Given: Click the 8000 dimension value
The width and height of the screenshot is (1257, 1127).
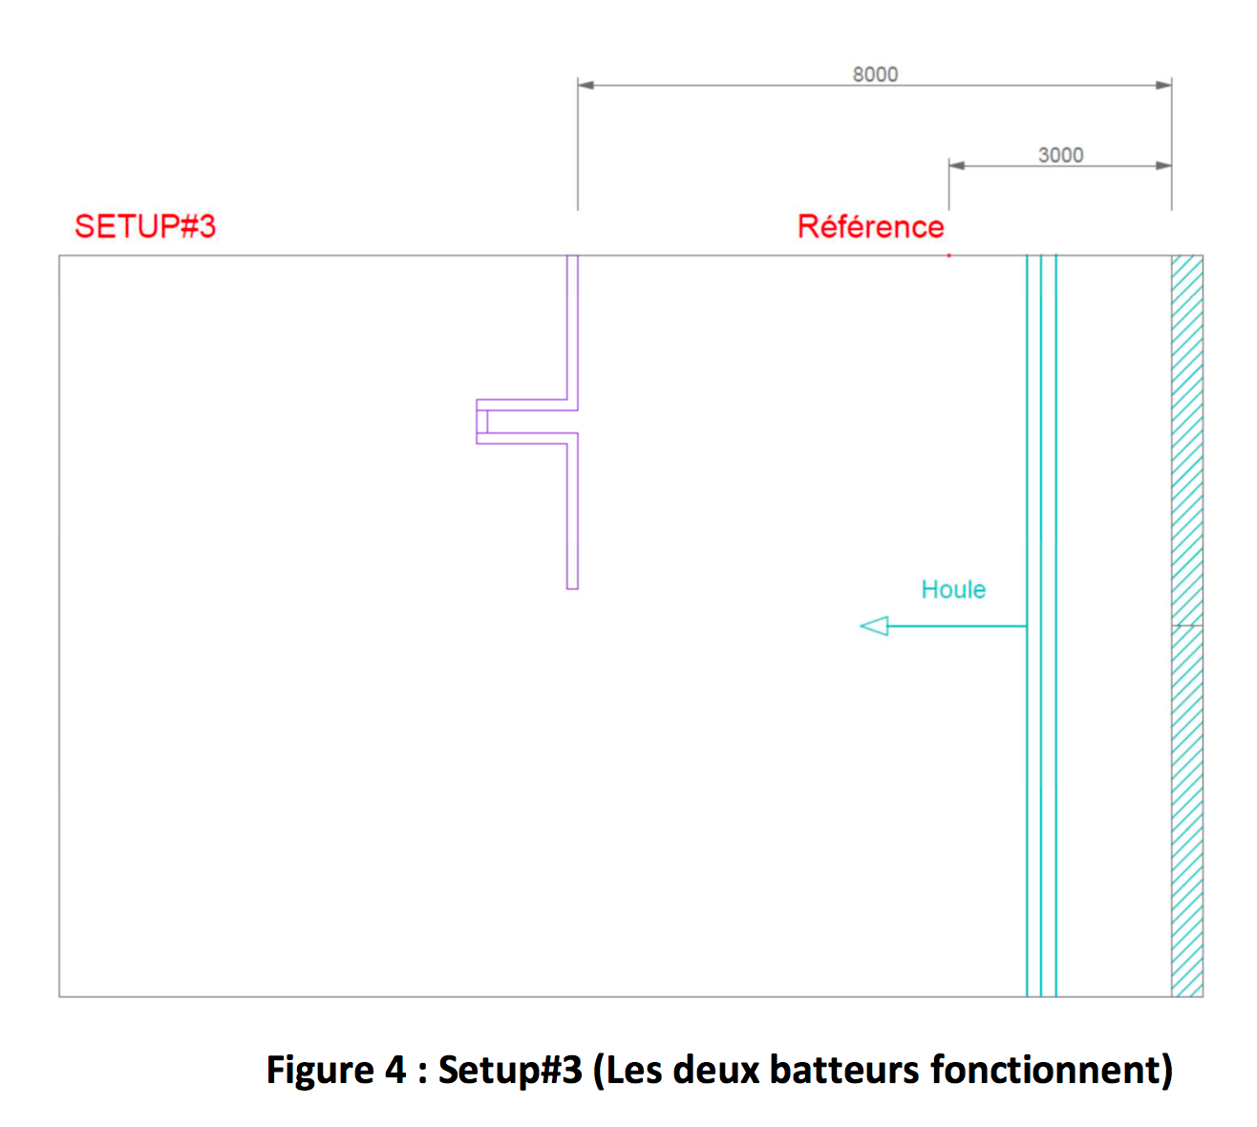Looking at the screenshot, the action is pos(875,74).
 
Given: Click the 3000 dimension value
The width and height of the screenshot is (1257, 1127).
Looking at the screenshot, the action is pos(1061,155).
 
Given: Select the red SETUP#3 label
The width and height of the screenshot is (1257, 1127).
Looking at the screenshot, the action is pos(145,226).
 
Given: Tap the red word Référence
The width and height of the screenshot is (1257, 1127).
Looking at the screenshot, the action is pos(870,226).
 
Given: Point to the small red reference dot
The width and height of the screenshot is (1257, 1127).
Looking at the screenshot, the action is pos(948,256).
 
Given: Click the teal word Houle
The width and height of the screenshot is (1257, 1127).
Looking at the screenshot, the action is pos(953,589).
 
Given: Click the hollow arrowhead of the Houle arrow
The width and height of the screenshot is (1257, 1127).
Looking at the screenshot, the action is pos(874,627).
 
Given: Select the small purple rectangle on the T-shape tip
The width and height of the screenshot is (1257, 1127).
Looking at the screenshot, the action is pos(482,422).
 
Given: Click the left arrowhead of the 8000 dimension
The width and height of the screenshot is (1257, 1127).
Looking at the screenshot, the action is pos(586,85).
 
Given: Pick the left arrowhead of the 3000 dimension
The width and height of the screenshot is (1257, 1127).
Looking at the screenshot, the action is pos(957,165).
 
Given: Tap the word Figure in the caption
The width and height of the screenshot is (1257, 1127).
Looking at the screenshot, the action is pos(320,1072).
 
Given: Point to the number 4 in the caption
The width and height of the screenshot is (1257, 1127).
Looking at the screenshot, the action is pos(395,1070).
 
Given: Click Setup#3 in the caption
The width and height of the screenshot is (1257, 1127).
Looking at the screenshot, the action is pos(511,1072).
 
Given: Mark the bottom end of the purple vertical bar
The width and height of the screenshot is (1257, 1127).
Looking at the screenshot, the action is pos(572,588).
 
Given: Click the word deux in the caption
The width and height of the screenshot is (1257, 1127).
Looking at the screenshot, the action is pos(716,1070).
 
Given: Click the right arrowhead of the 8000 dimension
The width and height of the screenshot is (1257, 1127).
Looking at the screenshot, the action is pos(1164,85).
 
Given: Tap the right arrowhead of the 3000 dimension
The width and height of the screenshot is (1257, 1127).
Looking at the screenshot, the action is pos(1164,165).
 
